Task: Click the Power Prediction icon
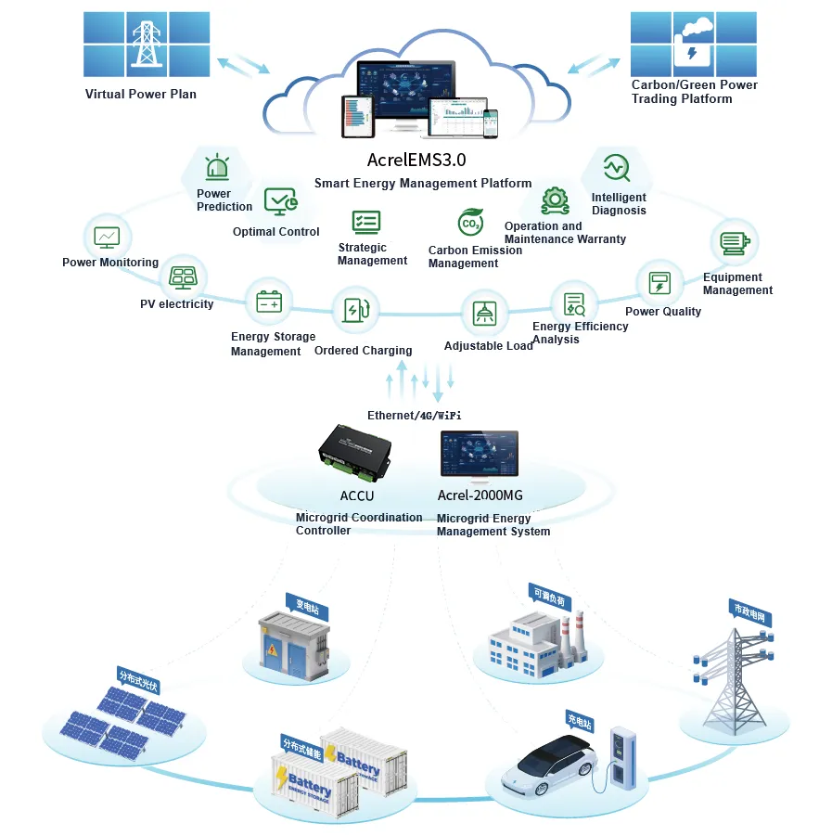[x=217, y=168]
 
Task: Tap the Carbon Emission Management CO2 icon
[x=471, y=223]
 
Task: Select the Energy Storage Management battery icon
[x=269, y=302]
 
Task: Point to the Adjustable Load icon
[x=484, y=313]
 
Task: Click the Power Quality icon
[x=659, y=283]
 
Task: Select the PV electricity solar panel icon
[x=182, y=277]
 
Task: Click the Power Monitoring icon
[x=107, y=236]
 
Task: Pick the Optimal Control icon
[x=279, y=199]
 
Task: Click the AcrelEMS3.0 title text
[x=416, y=160]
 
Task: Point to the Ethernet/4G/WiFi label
[x=415, y=415]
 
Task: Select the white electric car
[x=551, y=765]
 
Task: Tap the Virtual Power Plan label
[x=141, y=94]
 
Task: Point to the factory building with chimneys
[x=535, y=639]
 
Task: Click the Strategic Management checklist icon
[x=365, y=222]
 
